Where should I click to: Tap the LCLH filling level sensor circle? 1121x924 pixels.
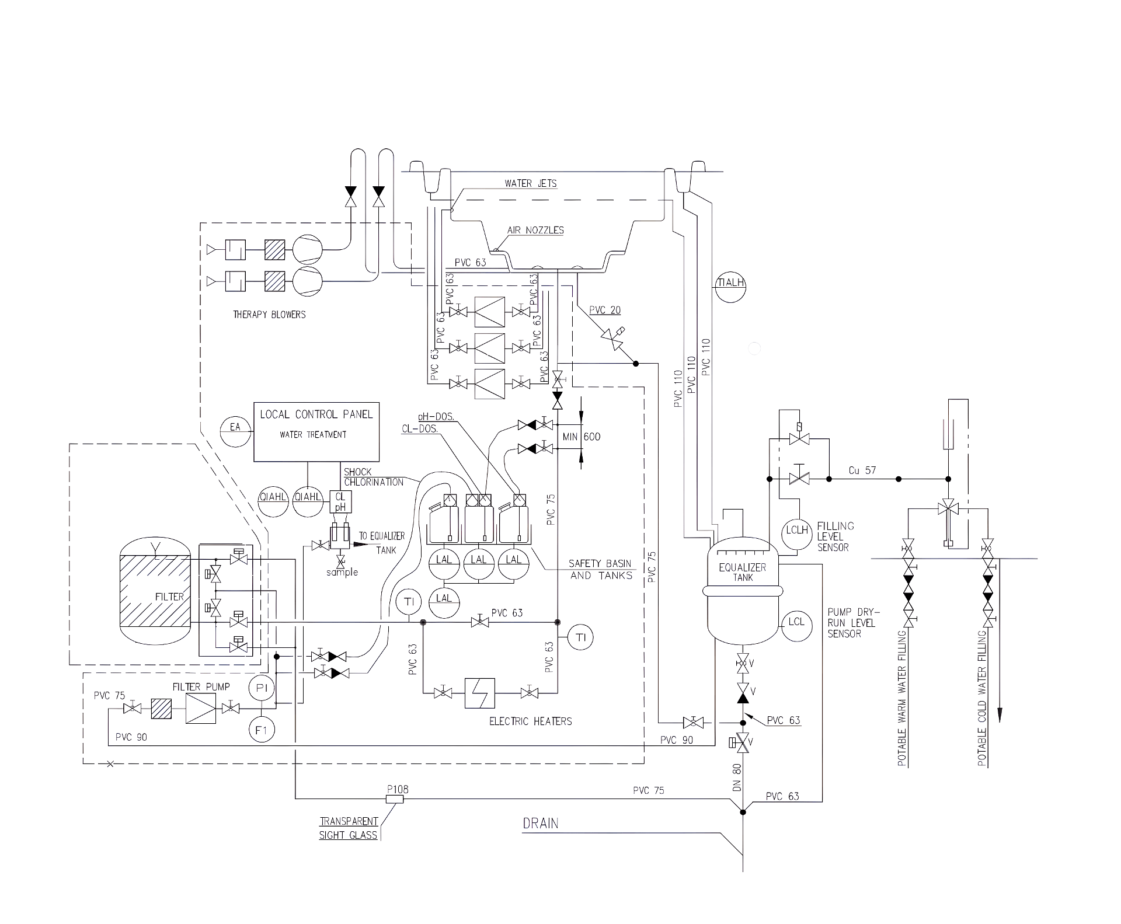(797, 531)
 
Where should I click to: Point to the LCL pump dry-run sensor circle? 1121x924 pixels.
(796, 622)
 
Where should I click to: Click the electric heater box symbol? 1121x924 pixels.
(480, 693)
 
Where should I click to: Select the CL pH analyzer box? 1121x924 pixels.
(340, 502)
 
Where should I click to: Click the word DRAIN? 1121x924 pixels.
(541, 824)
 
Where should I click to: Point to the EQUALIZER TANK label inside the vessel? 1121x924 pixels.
(743, 572)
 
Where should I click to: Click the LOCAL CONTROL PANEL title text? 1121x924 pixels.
(316, 414)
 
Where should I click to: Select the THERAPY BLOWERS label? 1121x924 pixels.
(269, 315)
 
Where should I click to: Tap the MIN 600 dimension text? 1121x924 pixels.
(581, 437)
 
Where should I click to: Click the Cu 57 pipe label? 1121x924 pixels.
(862, 470)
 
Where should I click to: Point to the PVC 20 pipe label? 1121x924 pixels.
(605, 310)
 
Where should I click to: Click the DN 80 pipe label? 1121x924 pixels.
(736, 777)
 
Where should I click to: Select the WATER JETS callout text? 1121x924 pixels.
(531, 183)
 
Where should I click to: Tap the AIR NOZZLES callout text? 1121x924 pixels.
(535, 230)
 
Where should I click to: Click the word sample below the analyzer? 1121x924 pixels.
(342, 572)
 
